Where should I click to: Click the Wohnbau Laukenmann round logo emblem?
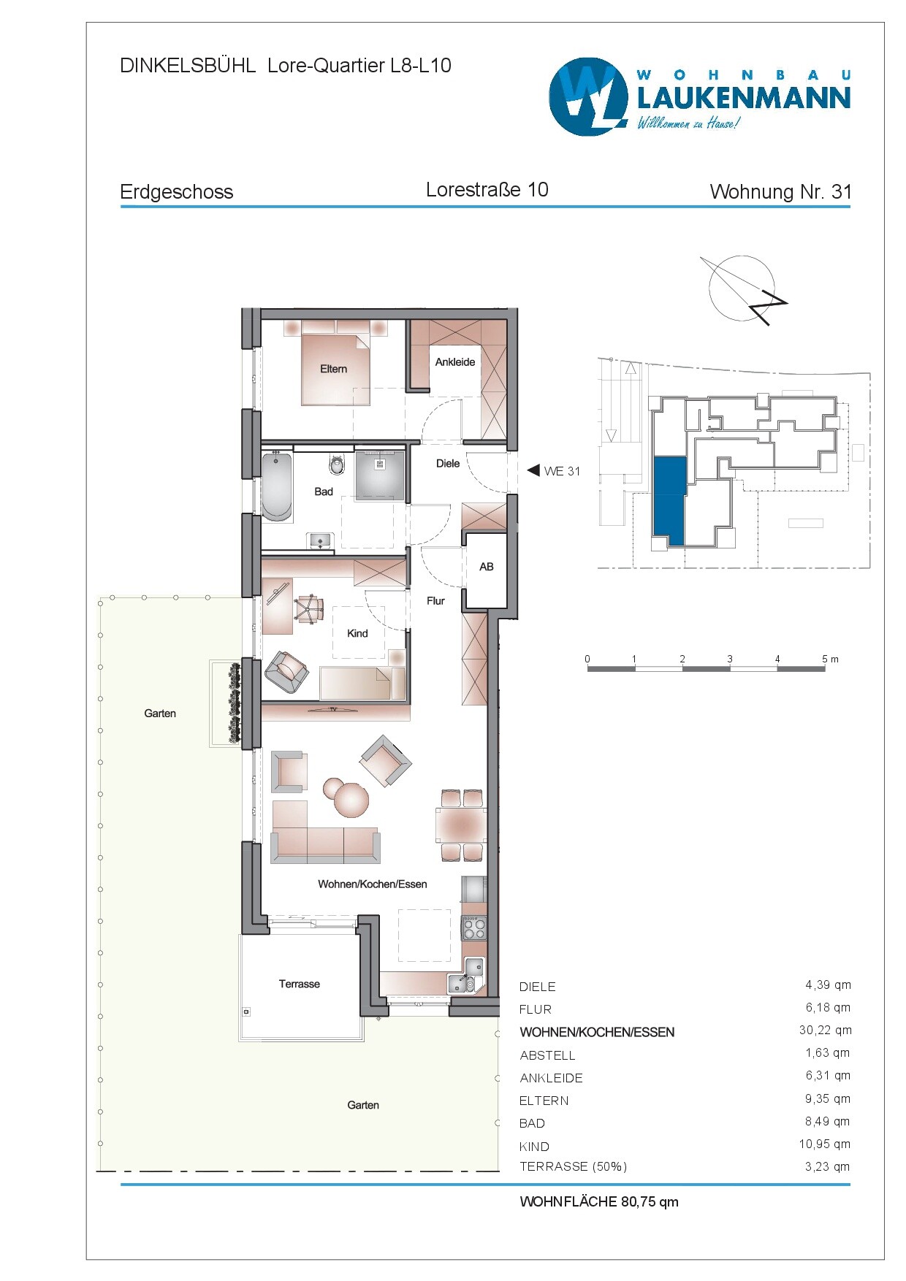[588, 96]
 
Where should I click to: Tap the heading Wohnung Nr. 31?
[780, 191]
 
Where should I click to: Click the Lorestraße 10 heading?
[487, 190]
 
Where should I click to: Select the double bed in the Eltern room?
[335, 369]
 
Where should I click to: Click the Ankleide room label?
[454, 362]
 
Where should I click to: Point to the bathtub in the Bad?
[277, 486]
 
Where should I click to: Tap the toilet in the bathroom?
[337, 464]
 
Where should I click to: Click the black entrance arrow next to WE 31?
[533, 470]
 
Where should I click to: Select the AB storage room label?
[486, 567]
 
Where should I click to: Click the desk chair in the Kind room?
[309, 608]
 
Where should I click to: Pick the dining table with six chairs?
[461, 825]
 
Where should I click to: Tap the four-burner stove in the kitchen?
[474, 928]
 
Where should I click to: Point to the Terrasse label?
[299, 984]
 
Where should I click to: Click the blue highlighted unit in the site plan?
[669, 500]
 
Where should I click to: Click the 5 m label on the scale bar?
[829, 659]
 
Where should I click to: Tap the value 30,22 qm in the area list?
[825, 1030]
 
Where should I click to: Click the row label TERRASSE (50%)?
[573, 1166]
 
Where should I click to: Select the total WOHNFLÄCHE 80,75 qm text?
[598, 1201]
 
